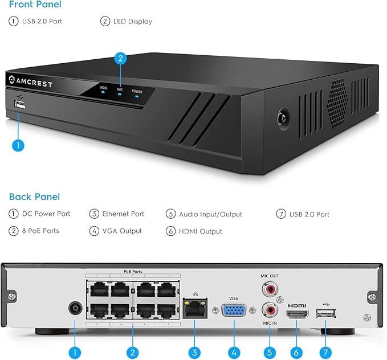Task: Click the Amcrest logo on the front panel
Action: pyautogui.click(x=31, y=84)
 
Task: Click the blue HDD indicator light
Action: pyautogui.click(x=104, y=95)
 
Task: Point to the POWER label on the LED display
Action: pyautogui.click(x=137, y=91)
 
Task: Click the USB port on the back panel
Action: pyautogui.click(x=325, y=313)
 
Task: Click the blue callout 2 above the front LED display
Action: pyautogui.click(x=120, y=58)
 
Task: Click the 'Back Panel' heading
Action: pyautogui.click(x=34, y=197)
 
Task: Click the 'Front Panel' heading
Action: pyautogui.click(x=35, y=5)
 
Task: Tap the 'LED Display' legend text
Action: pyautogui.click(x=132, y=22)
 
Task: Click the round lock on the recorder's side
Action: pyautogui.click(x=281, y=117)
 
